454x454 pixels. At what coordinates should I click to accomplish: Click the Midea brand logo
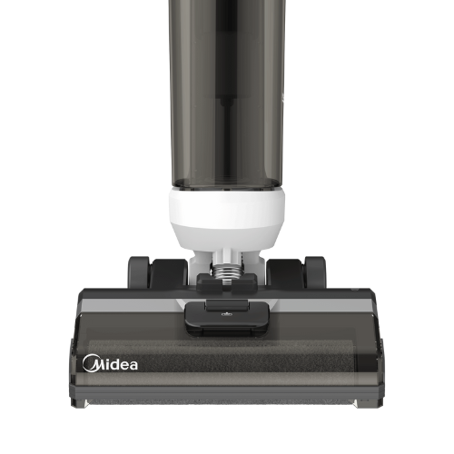110,363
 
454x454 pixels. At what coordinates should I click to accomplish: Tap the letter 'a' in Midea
133,365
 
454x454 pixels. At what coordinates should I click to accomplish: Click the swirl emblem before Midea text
90,363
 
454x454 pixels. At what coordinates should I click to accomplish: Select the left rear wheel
139,272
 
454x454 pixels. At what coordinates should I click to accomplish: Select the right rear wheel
315,272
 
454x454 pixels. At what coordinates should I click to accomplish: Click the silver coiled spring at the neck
226,271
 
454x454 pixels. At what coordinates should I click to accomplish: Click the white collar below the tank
227,218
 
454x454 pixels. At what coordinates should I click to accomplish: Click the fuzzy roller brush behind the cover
222,357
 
